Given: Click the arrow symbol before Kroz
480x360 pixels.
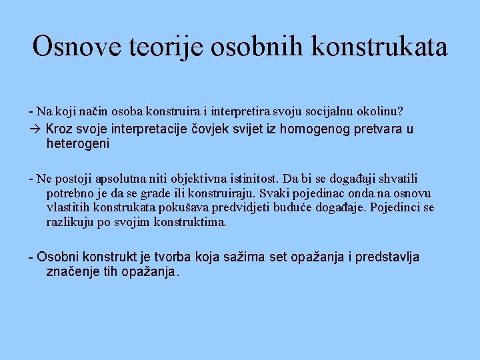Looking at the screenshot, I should tap(36, 129).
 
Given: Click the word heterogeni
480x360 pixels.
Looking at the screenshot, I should tap(77, 143).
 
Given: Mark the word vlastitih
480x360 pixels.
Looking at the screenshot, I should tap(68, 207).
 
